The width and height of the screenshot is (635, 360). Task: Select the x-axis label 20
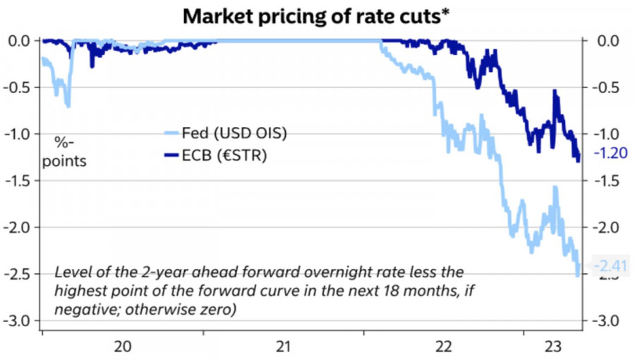click(x=122, y=347)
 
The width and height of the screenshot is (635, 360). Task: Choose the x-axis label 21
click(x=283, y=347)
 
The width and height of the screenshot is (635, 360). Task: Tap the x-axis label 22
click(x=444, y=347)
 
